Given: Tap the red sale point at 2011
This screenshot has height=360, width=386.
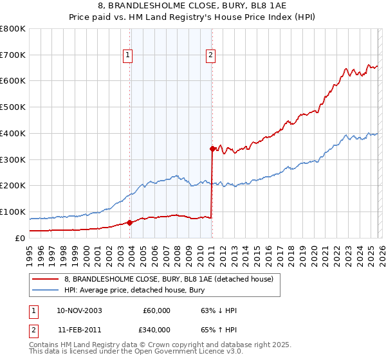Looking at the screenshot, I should [212, 148].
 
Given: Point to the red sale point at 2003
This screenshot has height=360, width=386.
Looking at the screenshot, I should [129, 222].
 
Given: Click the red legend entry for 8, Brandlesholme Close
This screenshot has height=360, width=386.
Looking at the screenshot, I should [169, 279].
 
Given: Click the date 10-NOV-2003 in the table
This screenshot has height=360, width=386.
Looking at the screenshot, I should [79, 310].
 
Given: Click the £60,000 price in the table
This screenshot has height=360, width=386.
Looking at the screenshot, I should [156, 310].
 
